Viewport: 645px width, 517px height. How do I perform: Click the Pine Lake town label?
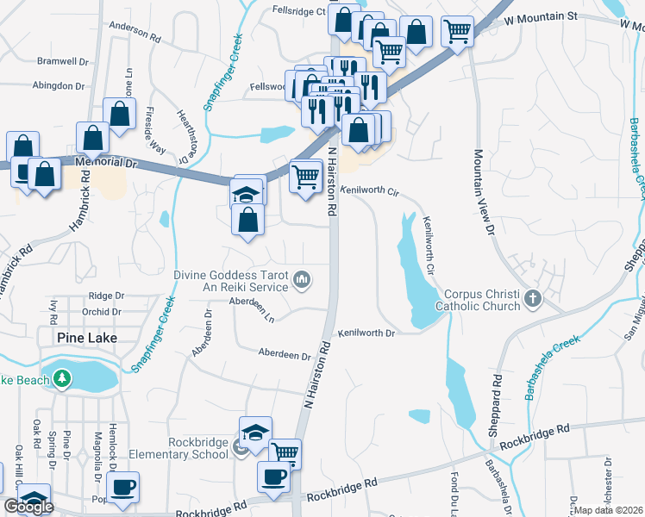point(86,337)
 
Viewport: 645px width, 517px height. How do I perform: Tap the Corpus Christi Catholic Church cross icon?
point(533,299)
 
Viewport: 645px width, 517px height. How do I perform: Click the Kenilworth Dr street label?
point(366,333)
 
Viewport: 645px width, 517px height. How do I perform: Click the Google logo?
point(28,507)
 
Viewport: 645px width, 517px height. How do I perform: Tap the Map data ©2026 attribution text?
point(608,510)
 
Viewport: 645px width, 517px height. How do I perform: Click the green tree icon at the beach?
point(61,378)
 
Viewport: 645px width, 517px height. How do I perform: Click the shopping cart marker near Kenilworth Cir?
point(305,177)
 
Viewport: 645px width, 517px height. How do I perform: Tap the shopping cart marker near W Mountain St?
point(457,31)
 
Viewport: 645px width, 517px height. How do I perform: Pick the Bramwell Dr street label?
point(61,62)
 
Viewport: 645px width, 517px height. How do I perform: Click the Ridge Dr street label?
point(106,295)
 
